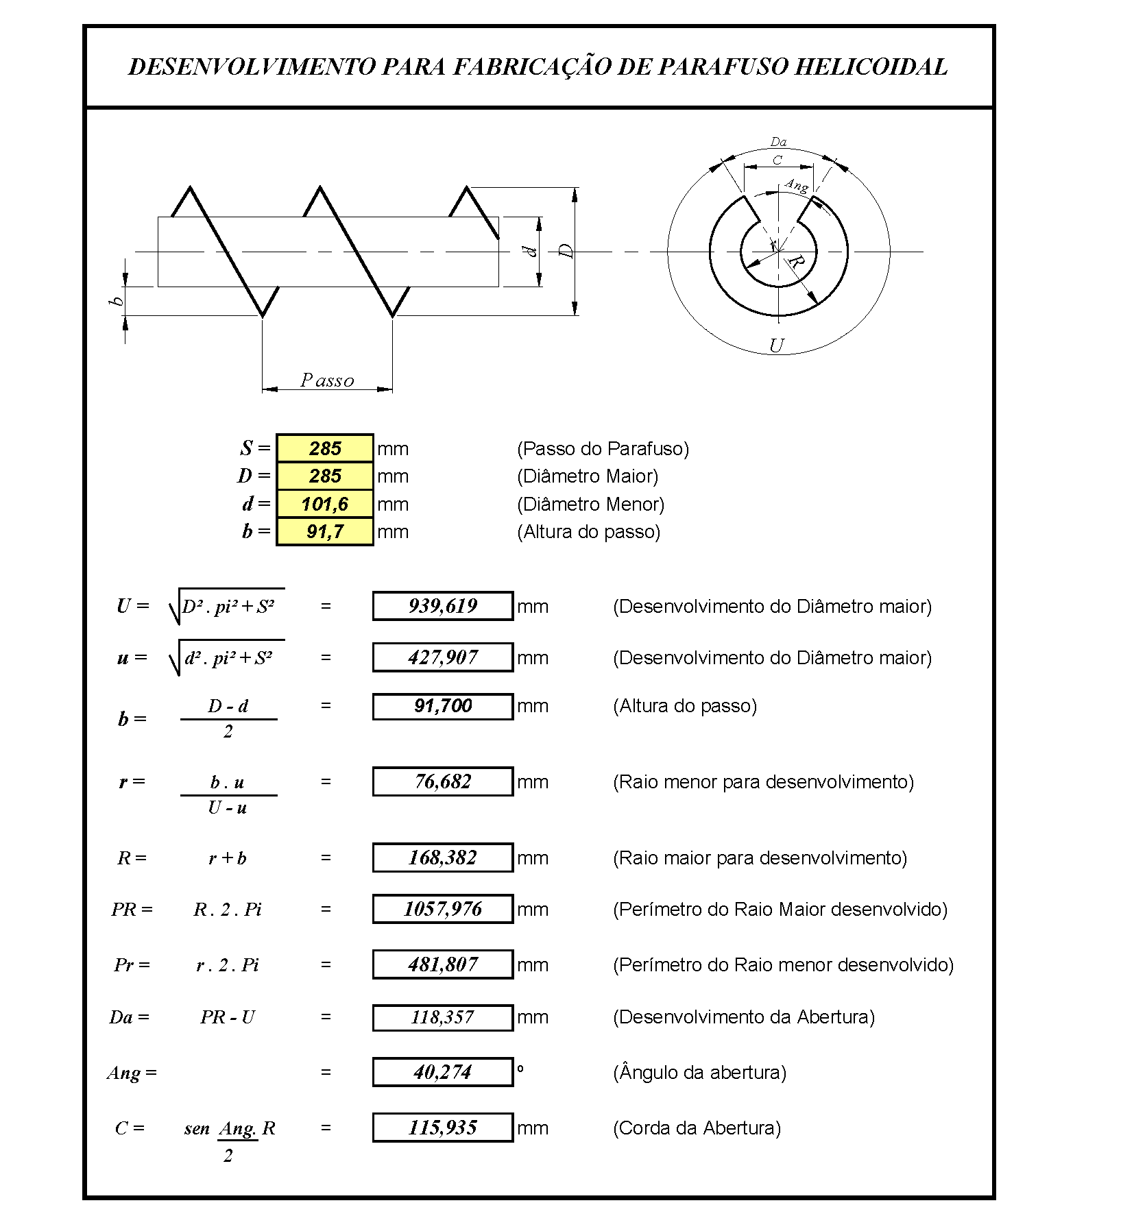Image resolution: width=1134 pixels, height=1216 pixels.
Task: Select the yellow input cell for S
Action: [325, 448]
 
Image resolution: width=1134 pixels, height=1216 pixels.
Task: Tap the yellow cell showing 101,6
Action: [325, 504]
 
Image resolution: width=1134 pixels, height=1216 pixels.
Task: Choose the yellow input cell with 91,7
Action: [325, 531]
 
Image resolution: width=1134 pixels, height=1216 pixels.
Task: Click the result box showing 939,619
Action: [443, 606]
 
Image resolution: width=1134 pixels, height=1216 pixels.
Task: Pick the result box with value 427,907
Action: [443, 657]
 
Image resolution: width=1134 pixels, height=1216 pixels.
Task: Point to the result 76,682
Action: [443, 781]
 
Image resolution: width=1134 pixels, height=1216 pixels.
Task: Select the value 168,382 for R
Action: [443, 858]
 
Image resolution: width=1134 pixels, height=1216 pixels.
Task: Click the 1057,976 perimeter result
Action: [443, 909]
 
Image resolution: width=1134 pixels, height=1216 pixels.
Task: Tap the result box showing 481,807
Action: [443, 964]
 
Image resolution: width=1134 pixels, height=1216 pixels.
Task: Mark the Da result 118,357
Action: [443, 1017]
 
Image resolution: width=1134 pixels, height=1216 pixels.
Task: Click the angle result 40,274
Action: [443, 1072]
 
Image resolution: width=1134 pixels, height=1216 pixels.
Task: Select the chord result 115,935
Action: [443, 1128]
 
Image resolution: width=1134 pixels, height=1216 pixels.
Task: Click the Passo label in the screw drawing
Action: [327, 380]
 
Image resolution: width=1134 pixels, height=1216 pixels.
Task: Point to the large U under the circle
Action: [776, 345]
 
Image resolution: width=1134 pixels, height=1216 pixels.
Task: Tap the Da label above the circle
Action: [778, 142]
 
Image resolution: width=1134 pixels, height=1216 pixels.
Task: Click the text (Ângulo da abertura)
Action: [699, 1072]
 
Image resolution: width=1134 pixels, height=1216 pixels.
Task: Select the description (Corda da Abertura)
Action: [697, 1128]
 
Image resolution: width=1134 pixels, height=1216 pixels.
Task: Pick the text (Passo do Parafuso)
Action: [603, 448]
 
